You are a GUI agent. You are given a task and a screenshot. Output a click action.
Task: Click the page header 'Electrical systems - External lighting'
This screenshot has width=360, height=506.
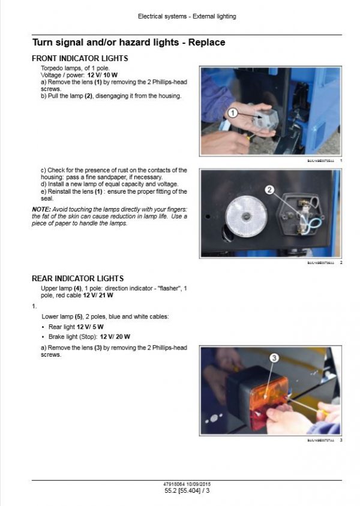(x=187, y=16)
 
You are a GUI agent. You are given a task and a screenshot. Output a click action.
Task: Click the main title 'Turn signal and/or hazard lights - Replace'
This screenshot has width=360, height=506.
(x=128, y=43)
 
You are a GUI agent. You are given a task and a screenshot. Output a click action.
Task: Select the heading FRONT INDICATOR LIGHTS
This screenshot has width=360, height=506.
(x=79, y=59)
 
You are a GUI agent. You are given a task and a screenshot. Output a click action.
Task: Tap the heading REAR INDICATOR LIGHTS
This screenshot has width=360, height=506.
(x=77, y=279)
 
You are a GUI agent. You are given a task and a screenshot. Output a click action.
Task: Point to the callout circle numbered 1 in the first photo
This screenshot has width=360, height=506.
(x=232, y=112)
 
